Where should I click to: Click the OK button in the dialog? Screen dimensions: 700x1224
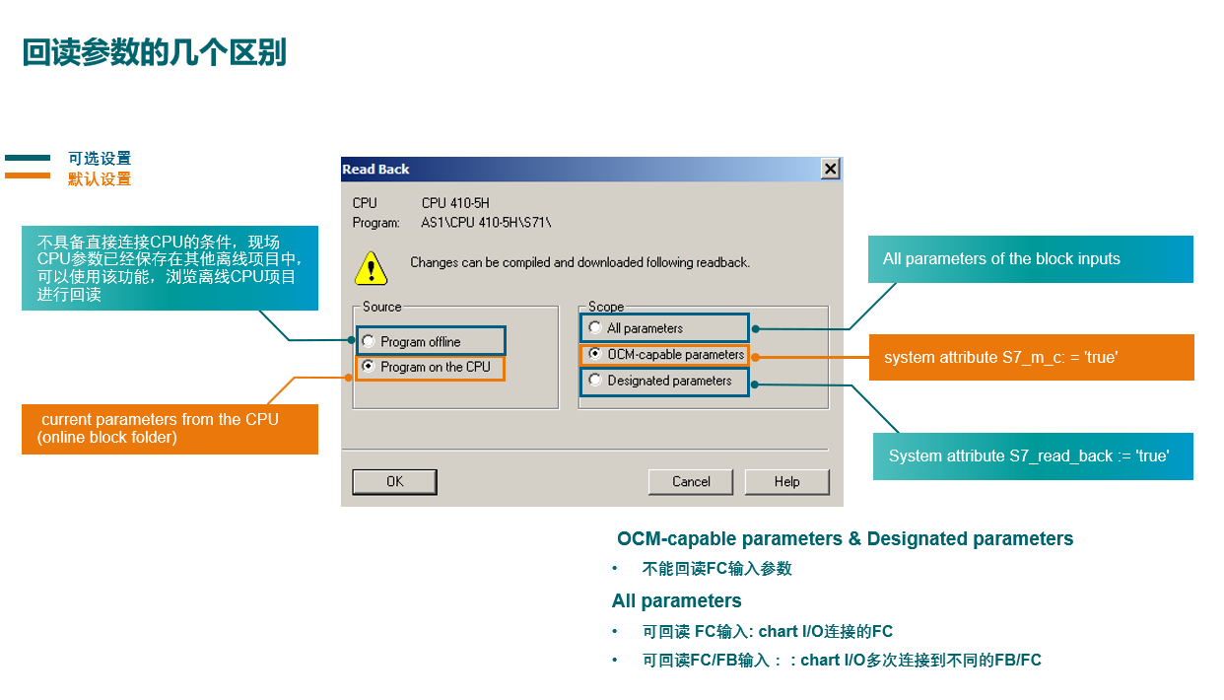pos(394,482)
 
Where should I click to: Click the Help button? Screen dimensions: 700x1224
pos(786,482)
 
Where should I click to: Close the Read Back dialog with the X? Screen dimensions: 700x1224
pos(831,170)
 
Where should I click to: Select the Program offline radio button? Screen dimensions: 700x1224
pos(369,341)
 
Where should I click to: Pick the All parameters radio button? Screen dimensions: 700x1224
pos(594,327)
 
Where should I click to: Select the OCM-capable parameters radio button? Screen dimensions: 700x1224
pos(594,354)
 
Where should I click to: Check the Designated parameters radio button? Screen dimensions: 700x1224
pos(594,380)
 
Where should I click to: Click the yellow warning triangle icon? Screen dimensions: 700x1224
pos(371,266)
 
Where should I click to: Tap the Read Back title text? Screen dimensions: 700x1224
pos(376,170)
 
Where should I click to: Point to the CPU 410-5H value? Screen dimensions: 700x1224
pos(455,203)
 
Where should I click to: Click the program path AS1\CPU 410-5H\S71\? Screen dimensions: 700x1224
pos(486,223)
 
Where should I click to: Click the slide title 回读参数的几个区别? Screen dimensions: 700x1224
pos(155,53)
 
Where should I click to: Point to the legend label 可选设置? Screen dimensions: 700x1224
pos(99,159)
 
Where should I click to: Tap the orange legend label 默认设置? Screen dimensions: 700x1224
pos(99,179)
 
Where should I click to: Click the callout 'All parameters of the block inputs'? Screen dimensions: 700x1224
pos(1001,259)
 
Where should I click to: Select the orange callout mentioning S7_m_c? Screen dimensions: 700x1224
pos(1000,357)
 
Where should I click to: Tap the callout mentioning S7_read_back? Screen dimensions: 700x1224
pos(1029,456)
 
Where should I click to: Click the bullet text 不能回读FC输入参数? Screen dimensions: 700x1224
pos(716,569)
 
